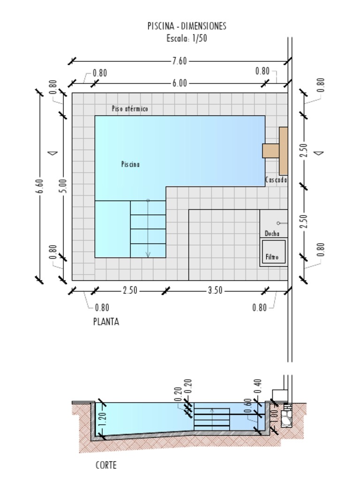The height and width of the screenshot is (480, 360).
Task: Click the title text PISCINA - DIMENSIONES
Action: click(187, 26)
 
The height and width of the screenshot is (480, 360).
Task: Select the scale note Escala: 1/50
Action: click(187, 38)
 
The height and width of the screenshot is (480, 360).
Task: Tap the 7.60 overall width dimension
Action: click(179, 61)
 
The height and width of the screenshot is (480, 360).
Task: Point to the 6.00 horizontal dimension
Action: click(179, 83)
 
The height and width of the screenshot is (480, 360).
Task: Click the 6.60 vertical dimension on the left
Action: click(40, 185)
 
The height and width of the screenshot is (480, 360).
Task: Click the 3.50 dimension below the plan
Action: click(215, 291)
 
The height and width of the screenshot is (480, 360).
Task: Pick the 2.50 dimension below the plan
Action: click(130, 291)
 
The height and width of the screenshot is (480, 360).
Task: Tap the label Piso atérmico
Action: click(130, 109)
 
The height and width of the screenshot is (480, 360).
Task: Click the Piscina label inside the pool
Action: click(130, 164)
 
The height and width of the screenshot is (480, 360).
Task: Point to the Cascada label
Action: click(276, 180)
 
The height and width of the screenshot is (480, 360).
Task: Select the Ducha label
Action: click(272, 233)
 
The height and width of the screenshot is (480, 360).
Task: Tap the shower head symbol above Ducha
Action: click(278, 223)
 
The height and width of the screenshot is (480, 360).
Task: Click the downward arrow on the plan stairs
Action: click(148, 254)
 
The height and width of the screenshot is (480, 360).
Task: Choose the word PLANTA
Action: click(106, 322)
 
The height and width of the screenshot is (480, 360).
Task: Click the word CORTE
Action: click(106, 465)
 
